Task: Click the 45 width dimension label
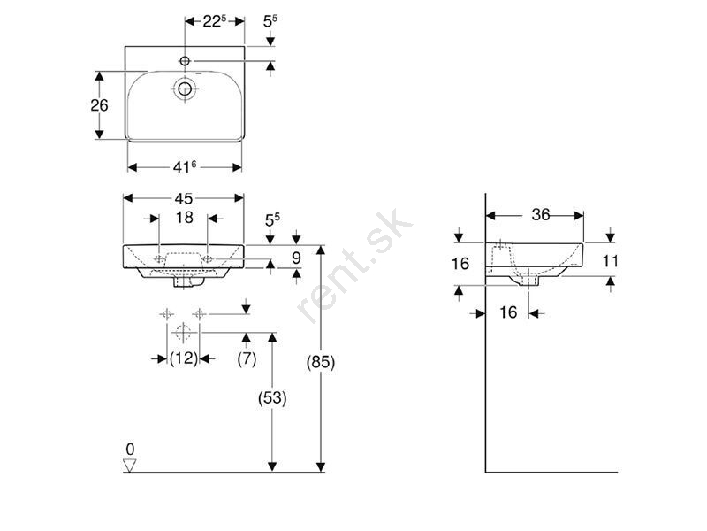point(184,198)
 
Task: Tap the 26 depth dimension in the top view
point(99,105)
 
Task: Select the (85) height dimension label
point(321,362)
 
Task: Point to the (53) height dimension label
point(272,398)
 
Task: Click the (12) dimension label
point(184,358)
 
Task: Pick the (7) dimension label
point(247,359)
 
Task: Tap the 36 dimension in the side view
point(541,214)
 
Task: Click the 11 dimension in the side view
point(610,261)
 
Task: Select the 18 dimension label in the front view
point(185,217)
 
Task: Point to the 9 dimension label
point(296,258)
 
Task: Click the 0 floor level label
point(130,450)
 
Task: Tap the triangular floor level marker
point(130,466)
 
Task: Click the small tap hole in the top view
point(185,60)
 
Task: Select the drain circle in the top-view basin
point(185,89)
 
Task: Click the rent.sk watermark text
point(354,265)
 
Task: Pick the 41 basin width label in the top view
point(185,167)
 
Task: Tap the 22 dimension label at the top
point(215,21)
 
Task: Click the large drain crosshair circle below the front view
point(183,333)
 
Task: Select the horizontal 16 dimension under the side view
point(507,312)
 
